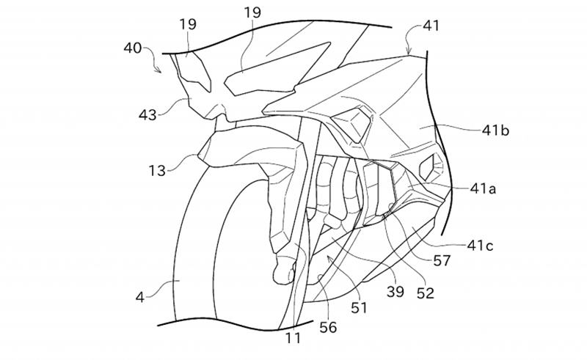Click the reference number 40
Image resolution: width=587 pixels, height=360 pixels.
tap(133, 48)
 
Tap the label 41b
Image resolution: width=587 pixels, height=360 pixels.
tap(495, 131)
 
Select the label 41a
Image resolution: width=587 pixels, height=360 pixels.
tap(483, 188)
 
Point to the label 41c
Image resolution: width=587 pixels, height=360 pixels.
tap(480, 246)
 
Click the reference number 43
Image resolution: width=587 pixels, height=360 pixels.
tap(147, 115)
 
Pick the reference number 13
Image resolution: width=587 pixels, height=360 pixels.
tap(157, 171)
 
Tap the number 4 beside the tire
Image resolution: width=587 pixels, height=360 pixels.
tap(140, 298)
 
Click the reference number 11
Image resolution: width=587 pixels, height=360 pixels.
tap(293, 338)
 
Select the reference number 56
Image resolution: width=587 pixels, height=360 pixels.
tap(328, 328)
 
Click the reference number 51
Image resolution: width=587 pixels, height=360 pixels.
tap(359, 308)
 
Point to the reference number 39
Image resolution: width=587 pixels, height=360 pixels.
tap(395, 292)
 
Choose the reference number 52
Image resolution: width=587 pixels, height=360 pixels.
tap(426, 293)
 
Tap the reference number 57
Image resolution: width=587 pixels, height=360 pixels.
tap(442, 261)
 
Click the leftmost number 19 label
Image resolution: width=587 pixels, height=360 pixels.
tap(188, 24)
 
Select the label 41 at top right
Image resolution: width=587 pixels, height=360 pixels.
tap(431, 26)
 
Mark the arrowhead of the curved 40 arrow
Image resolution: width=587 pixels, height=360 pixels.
tap(159, 70)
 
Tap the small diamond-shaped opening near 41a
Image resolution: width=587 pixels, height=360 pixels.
tap(428, 166)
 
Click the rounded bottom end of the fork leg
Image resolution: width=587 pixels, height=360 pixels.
tap(283, 273)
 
